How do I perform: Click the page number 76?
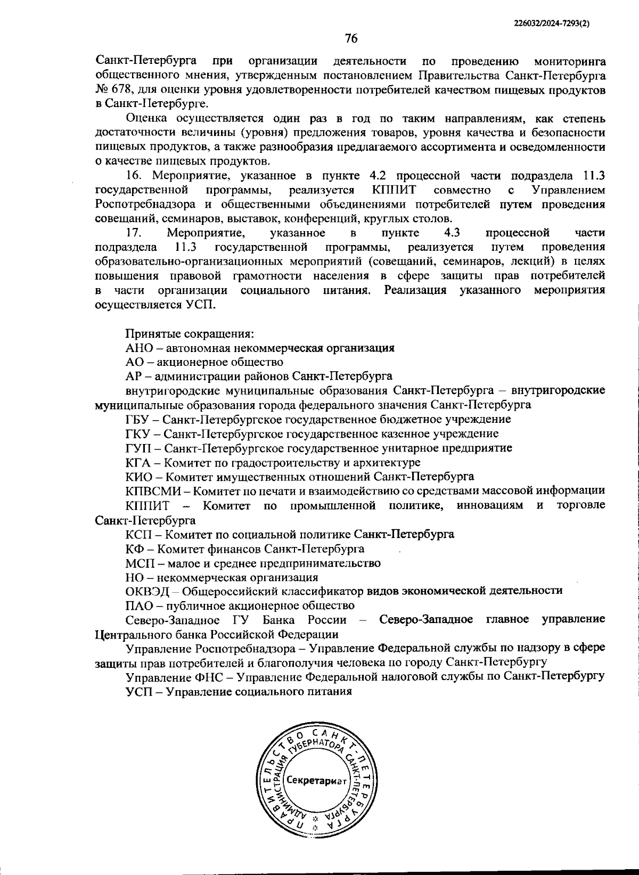click(351, 38)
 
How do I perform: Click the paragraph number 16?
click(133, 176)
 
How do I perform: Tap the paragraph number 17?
click(133, 233)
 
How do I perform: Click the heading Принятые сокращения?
click(190, 334)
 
